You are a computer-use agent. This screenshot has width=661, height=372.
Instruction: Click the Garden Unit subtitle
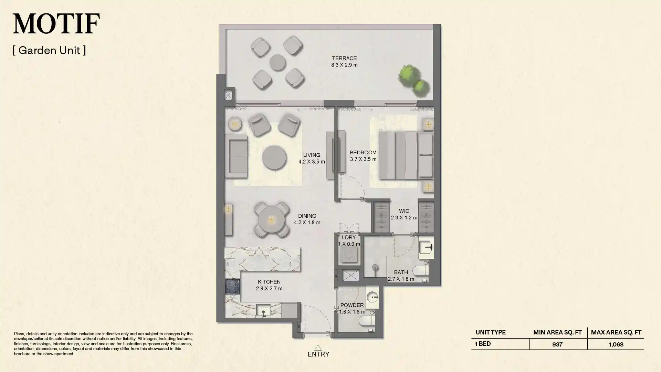49,50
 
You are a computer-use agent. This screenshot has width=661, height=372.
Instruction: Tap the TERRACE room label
344,58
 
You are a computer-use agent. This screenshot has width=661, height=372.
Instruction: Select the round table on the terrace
277,62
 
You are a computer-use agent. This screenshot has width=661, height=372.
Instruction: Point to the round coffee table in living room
274,158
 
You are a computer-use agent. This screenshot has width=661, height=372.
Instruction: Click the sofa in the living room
237,156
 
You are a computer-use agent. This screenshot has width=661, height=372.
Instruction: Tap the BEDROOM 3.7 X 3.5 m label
363,156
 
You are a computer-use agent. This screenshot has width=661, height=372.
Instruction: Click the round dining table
271,220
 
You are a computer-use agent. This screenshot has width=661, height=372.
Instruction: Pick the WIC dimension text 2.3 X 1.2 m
404,218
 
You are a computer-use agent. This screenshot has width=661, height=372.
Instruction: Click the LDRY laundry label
349,237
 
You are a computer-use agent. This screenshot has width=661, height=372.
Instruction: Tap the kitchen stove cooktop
232,286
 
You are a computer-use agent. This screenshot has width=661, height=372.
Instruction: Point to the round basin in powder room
372,297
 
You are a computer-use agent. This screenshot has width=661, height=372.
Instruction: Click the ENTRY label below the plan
318,354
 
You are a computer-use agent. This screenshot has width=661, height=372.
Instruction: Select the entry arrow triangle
318,348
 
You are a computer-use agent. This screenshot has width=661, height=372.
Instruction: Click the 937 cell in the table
557,344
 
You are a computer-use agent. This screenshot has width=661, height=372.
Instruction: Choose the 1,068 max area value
616,344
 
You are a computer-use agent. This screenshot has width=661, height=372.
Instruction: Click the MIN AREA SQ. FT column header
557,332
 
